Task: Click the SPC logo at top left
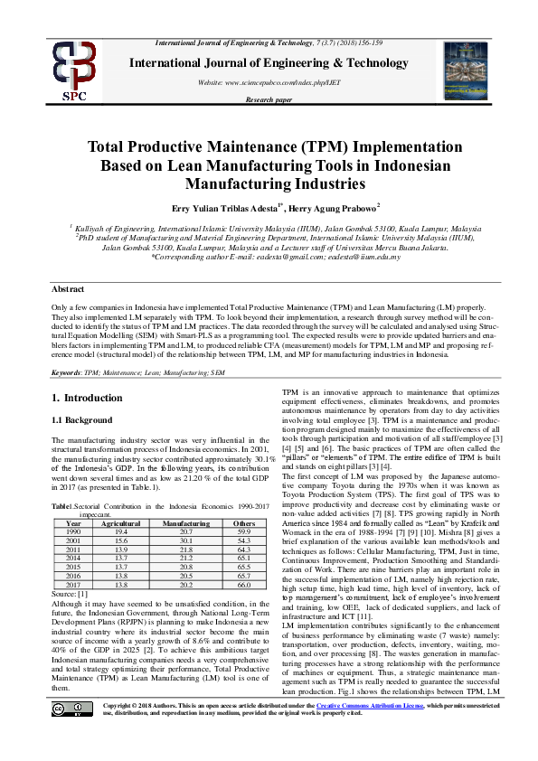click(x=74, y=69)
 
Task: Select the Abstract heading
click(x=69, y=288)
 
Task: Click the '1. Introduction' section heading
click(x=87, y=398)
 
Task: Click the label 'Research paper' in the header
click(x=269, y=99)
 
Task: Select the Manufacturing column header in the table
click(x=185, y=523)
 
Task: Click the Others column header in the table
click(x=244, y=523)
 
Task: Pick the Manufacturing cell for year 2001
click(x=185, y=540)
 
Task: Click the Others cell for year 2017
click(x=244, y=585)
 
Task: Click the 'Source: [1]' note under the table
click(x=69, y=594)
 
